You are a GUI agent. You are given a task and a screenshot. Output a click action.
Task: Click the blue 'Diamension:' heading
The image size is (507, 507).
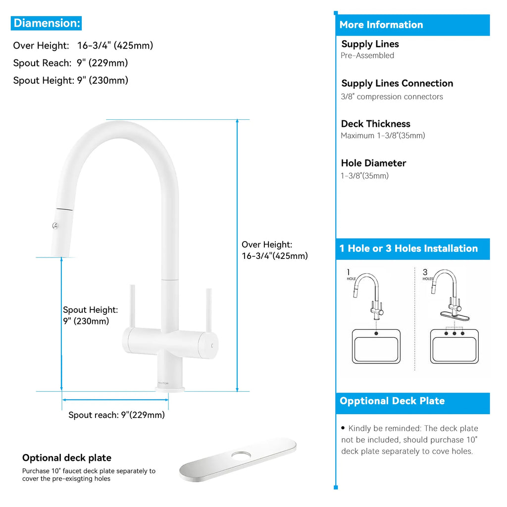(x=47, y=23)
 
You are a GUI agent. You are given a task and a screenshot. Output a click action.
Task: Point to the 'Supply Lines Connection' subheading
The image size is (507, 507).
(x=397, y=83)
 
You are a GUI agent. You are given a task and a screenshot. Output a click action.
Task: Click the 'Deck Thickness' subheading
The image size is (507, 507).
(x=375, y=124)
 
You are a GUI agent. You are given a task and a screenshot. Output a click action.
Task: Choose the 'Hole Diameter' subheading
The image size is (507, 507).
(x=373, y=163)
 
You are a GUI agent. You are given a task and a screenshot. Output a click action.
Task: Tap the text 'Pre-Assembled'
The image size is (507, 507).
(x=367, y=55)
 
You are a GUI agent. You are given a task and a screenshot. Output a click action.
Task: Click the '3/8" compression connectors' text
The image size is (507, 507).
(x=392, y=97)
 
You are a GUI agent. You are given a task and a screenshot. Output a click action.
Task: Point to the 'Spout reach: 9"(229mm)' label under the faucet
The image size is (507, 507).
(x=116, y=415)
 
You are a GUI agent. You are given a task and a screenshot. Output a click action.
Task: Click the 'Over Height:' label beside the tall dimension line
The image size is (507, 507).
(x=267, y=245)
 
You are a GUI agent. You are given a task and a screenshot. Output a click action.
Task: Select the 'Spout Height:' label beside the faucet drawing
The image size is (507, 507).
(x=90, y=310)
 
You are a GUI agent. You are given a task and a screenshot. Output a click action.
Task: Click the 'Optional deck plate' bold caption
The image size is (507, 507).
(x=67, y=458)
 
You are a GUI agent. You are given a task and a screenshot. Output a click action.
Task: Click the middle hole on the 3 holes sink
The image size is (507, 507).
(x=454, y=333)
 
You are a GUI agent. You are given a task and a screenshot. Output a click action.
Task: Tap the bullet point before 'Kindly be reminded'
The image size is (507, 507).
(x=343, y=428)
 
